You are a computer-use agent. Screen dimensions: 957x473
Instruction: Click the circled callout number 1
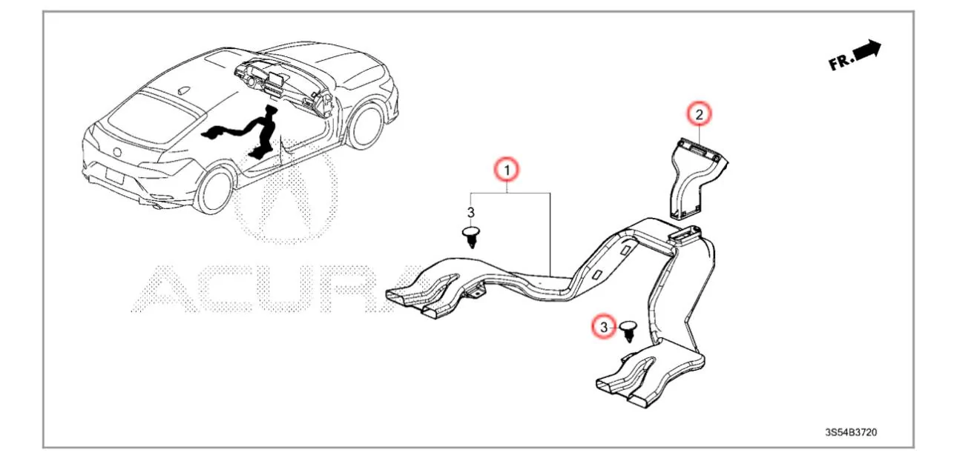pyautogui.click(x=507, y=170)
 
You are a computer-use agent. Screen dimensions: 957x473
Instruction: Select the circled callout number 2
pyautogui.click(x=699, y=114)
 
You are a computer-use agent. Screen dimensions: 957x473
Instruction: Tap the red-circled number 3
pyautogui.click(x=604, y=327)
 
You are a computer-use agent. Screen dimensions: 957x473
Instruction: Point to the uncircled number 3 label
pyautogui.click(x=471, y=212)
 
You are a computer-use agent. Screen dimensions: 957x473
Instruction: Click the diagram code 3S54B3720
pyautogui.click(x=851, y=432)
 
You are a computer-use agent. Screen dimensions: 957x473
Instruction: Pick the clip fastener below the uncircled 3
pyautogui.click(x=471, y=237)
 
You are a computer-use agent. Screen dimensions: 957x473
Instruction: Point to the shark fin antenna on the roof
pyautogui.click(x=184, y=90)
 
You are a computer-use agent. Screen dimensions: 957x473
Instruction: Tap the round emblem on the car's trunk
pyautogui.click(x=117, y=151)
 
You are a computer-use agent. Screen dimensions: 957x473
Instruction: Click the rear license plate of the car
pyautogui.click(x=114, y=176)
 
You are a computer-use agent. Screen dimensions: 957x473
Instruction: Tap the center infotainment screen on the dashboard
pyautogui.click(x=275, y=80)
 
